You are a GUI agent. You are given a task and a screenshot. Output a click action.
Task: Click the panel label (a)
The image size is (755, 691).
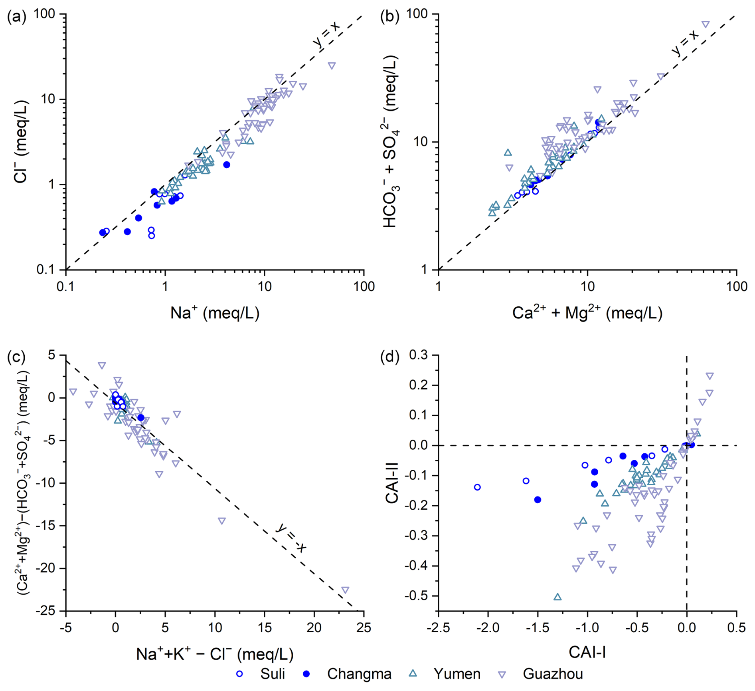point(16,17)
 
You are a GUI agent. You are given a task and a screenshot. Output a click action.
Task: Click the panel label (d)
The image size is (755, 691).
point(389,357)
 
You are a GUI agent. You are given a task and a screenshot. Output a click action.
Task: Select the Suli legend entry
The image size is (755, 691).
point(273,674)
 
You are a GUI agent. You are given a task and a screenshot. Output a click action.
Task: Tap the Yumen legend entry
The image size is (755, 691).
point(457,674)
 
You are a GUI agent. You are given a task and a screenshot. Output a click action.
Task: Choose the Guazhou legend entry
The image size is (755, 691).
point(553,674)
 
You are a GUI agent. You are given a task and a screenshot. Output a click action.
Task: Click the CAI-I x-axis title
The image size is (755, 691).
point(587,652)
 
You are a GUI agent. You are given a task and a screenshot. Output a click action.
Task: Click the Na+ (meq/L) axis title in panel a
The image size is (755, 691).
point(215,313)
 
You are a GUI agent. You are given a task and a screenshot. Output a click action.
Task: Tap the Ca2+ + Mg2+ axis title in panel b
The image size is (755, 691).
point(587,313)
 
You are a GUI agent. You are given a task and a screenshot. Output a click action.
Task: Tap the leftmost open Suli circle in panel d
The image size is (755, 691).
point(477,487)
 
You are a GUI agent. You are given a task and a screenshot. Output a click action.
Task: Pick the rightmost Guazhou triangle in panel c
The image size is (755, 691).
point(345,590)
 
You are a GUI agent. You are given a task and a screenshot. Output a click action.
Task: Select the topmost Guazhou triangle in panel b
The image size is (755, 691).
point(706,24)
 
